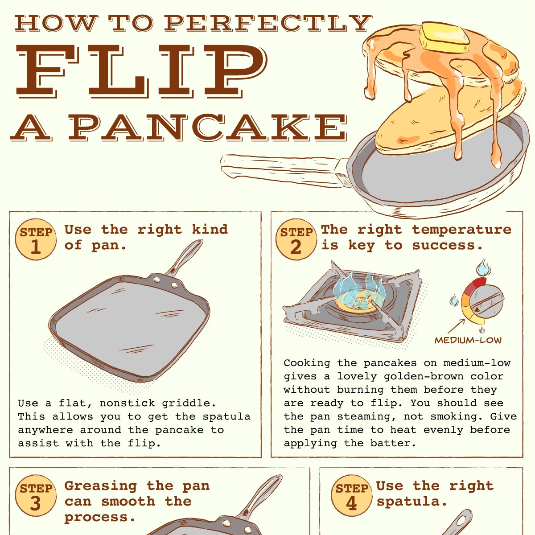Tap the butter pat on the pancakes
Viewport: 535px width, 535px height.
click(444, 37)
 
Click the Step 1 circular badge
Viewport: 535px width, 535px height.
click(36, 240)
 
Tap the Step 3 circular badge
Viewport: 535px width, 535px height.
click(36, 496)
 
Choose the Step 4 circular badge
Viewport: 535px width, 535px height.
click(352, 496)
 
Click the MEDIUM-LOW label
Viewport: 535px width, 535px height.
click(468, 341)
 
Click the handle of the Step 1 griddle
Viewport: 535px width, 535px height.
click(185, 259)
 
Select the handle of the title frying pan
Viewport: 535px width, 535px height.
click(281, 169)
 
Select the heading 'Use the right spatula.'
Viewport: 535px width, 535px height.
click(435, 494)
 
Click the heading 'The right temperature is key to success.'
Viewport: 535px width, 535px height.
click(416, 237)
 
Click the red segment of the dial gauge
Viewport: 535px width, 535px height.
click(479, 282)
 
